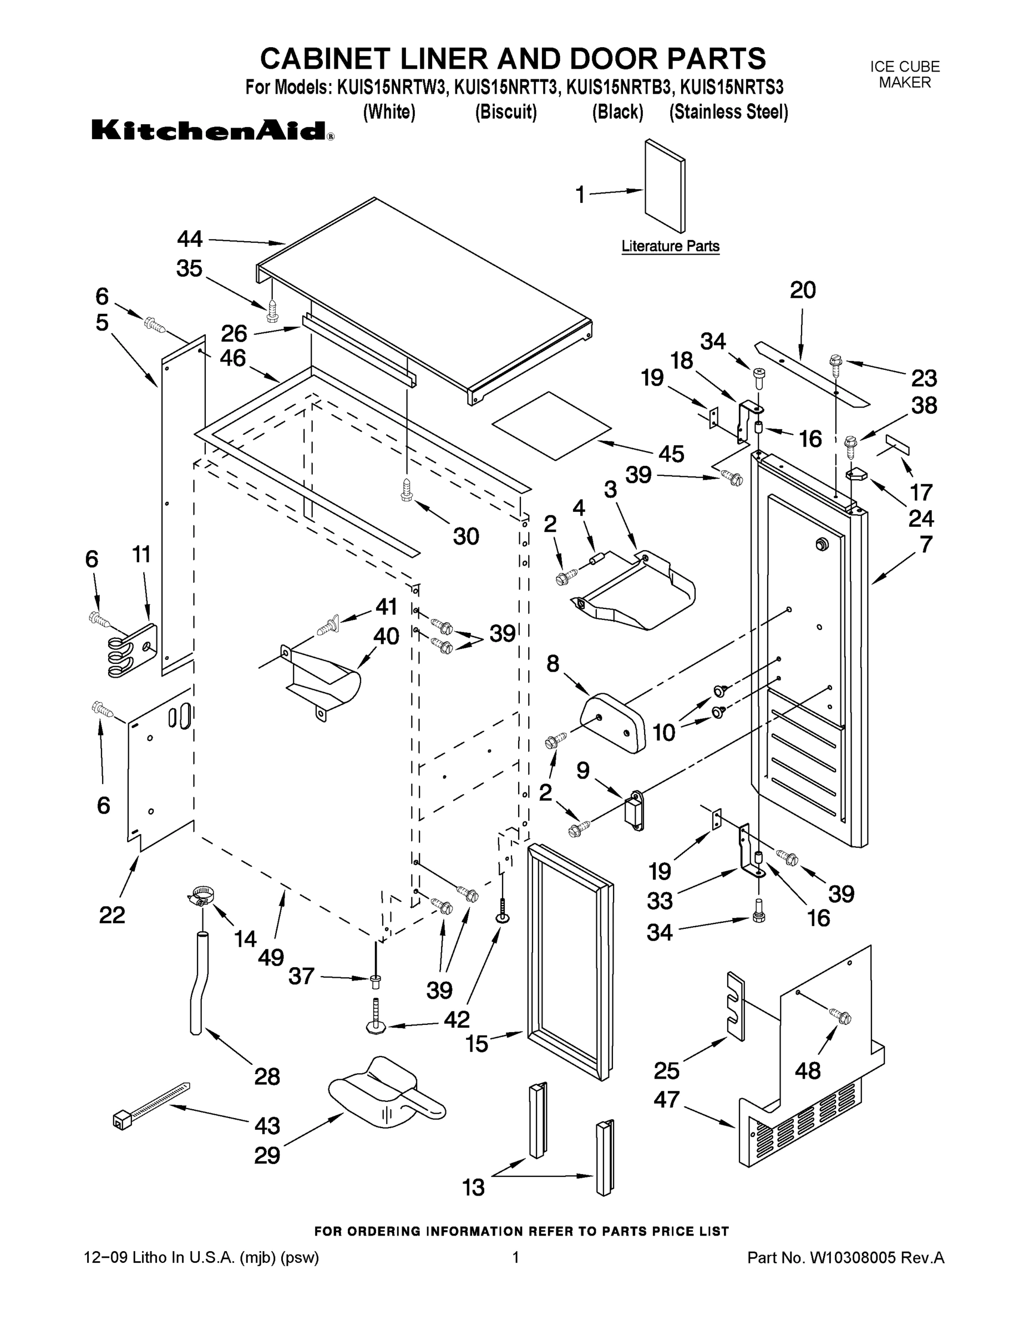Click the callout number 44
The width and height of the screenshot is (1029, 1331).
(190, 239)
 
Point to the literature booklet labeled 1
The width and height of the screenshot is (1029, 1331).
(665, 186)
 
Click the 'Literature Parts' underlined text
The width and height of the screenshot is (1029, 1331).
(670, 246)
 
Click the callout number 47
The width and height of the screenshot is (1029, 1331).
(666, 1099)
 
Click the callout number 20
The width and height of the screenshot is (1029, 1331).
(802, 290)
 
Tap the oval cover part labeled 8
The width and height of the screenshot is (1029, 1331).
(614, 722)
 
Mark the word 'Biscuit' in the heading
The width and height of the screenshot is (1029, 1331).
(506, 112)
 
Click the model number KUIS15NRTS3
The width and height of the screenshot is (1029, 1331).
(731, 87)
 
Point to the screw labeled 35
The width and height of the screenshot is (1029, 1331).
(272, 313)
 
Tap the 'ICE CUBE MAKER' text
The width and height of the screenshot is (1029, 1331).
(904, 74)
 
